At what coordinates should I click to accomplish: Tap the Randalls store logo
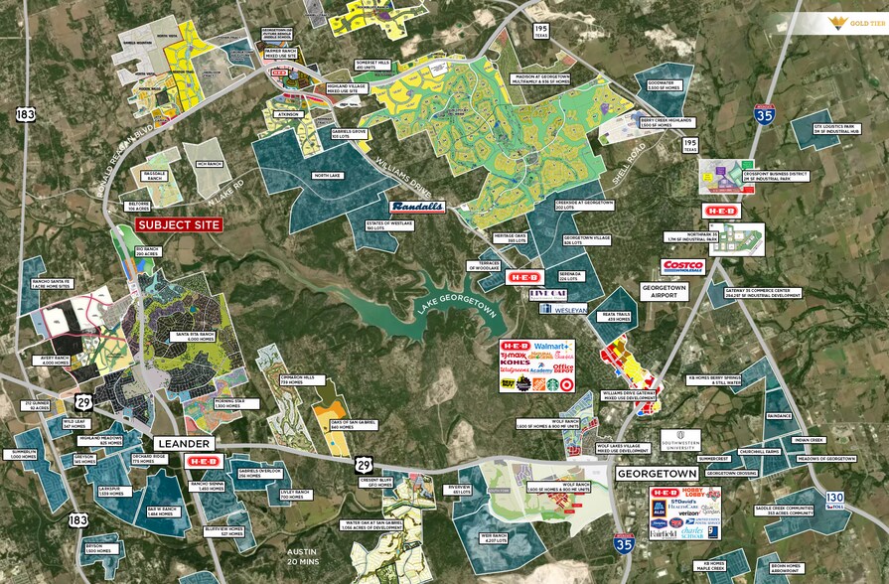coord(416,207)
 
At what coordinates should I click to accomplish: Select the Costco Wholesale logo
coord(682,266)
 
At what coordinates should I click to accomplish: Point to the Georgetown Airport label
coord(665,292)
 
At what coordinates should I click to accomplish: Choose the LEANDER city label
coord(183,443)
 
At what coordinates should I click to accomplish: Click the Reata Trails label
coord(618,317)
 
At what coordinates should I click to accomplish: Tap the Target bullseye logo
coord(566,383)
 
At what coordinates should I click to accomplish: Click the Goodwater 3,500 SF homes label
coord(662,85)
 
